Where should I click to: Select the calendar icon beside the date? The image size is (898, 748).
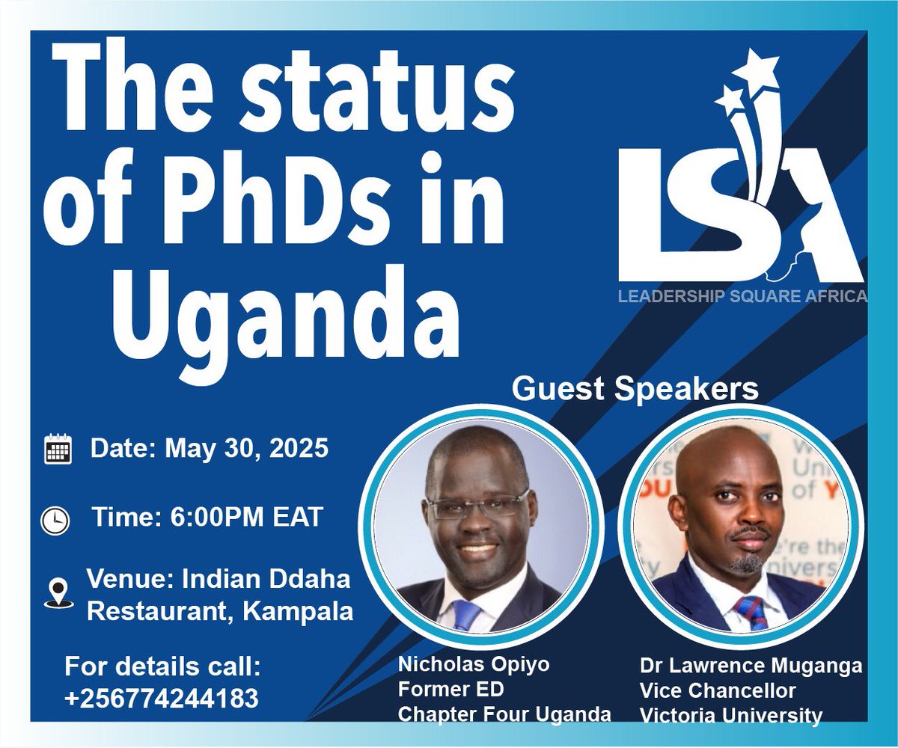tap(58, 449)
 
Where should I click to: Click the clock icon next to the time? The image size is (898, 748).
tap(56, 519)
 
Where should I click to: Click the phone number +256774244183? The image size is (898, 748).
tap(162, 698)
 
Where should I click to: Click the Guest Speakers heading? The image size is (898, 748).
tap(635, 389)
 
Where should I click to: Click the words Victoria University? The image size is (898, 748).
tap(730, 716)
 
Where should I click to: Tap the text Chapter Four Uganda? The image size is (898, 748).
tap(504, 714)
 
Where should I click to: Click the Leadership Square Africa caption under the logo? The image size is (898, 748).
tap(742, 297)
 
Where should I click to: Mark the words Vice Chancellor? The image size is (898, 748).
tap(718, 690)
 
